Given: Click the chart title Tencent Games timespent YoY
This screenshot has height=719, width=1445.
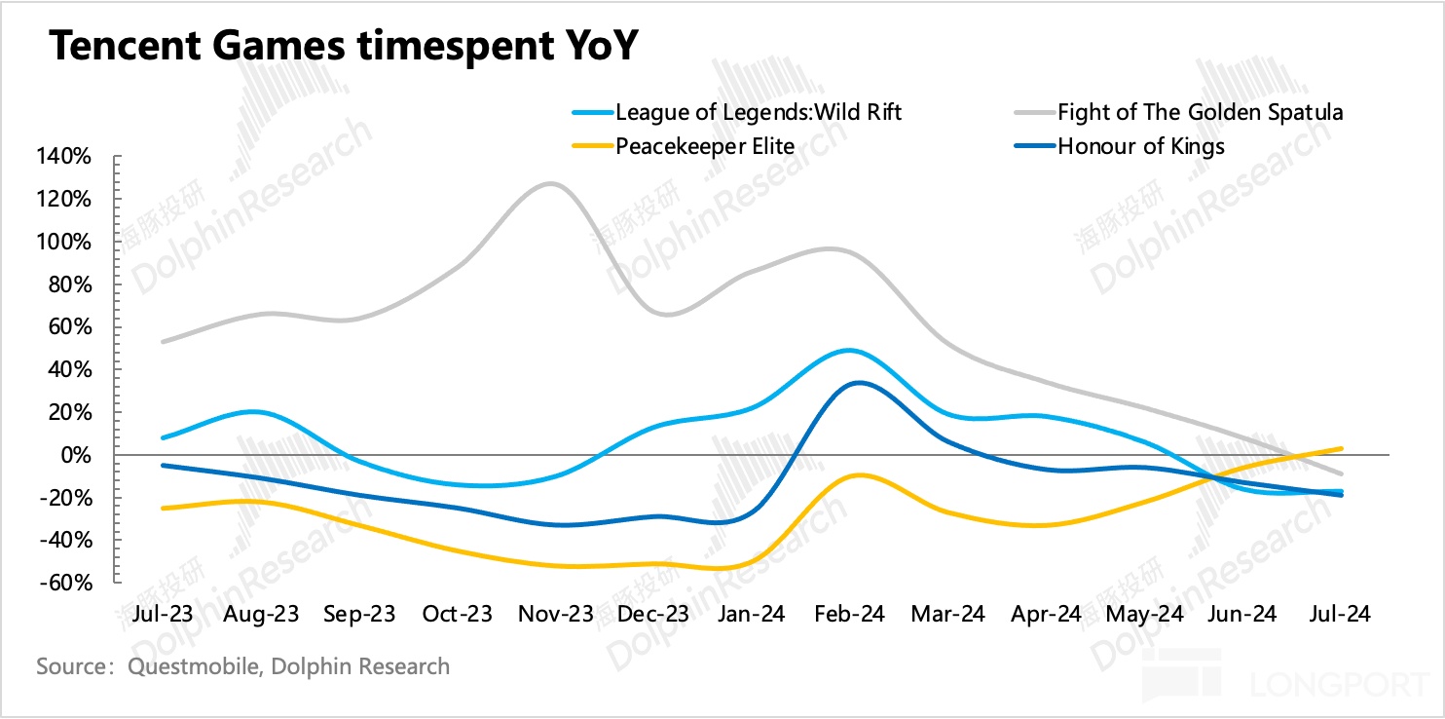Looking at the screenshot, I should click(x=343, y=46).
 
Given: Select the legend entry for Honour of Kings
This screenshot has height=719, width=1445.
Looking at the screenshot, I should click(x=1141, y=146).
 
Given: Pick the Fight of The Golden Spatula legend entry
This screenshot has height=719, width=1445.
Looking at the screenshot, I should click(x=1201, y=112).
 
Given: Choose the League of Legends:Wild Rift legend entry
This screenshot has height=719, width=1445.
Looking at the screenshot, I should click(x=759, y=112).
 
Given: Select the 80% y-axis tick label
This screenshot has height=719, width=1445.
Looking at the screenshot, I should click(x=72, y=284).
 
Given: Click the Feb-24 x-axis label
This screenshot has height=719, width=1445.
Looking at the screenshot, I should click(x=848, y=614).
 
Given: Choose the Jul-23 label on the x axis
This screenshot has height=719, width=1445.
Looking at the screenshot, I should click(x=163, y=614).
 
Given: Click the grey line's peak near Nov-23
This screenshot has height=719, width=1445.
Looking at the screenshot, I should click(x=550, y=183).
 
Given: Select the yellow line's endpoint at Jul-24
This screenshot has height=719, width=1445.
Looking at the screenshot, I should click(x=1342, y=449).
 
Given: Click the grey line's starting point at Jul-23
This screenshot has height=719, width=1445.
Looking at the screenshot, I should click(x=163, y=342).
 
